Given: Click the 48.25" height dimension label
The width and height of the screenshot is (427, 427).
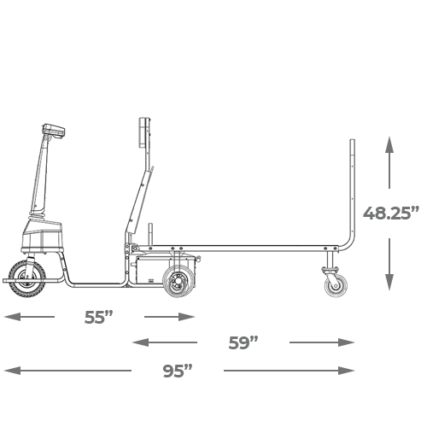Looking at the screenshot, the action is [x=391, y=213].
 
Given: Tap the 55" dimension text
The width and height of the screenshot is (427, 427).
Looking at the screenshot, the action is [x=98, y=317].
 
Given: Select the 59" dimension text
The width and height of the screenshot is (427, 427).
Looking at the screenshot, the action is [x=243, y=342].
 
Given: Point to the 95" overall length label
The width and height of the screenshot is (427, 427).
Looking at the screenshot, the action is [x=178, y=371].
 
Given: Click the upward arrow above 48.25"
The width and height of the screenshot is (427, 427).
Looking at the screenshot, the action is [x=389, y=162].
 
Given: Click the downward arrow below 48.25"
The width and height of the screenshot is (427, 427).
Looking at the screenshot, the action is [x=389, y=265].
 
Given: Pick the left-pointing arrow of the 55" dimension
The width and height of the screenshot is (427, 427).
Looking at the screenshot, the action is [x=29, y=317].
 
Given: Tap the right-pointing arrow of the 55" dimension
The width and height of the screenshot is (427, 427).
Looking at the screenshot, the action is [x=169, y=317].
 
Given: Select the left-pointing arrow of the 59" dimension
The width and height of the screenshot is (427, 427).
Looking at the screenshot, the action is [x=165, y=342].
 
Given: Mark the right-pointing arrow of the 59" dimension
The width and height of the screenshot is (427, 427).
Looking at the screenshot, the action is [x=322, y=342].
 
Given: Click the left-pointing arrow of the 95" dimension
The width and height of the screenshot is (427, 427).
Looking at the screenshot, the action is [x=67, y=371].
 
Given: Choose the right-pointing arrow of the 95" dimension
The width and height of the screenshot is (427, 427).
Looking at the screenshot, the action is [x=289, y=371].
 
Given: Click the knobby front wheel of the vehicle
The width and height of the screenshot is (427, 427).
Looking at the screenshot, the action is [x=26, y=279].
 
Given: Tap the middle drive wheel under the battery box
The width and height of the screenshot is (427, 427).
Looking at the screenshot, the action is [x=178, y=281].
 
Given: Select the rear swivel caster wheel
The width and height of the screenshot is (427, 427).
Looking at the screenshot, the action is [x=336, y=286].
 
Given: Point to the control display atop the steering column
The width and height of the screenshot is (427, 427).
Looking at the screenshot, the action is [x=53, y=132].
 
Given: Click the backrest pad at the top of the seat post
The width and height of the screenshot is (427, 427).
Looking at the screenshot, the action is [x=142, y=132].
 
